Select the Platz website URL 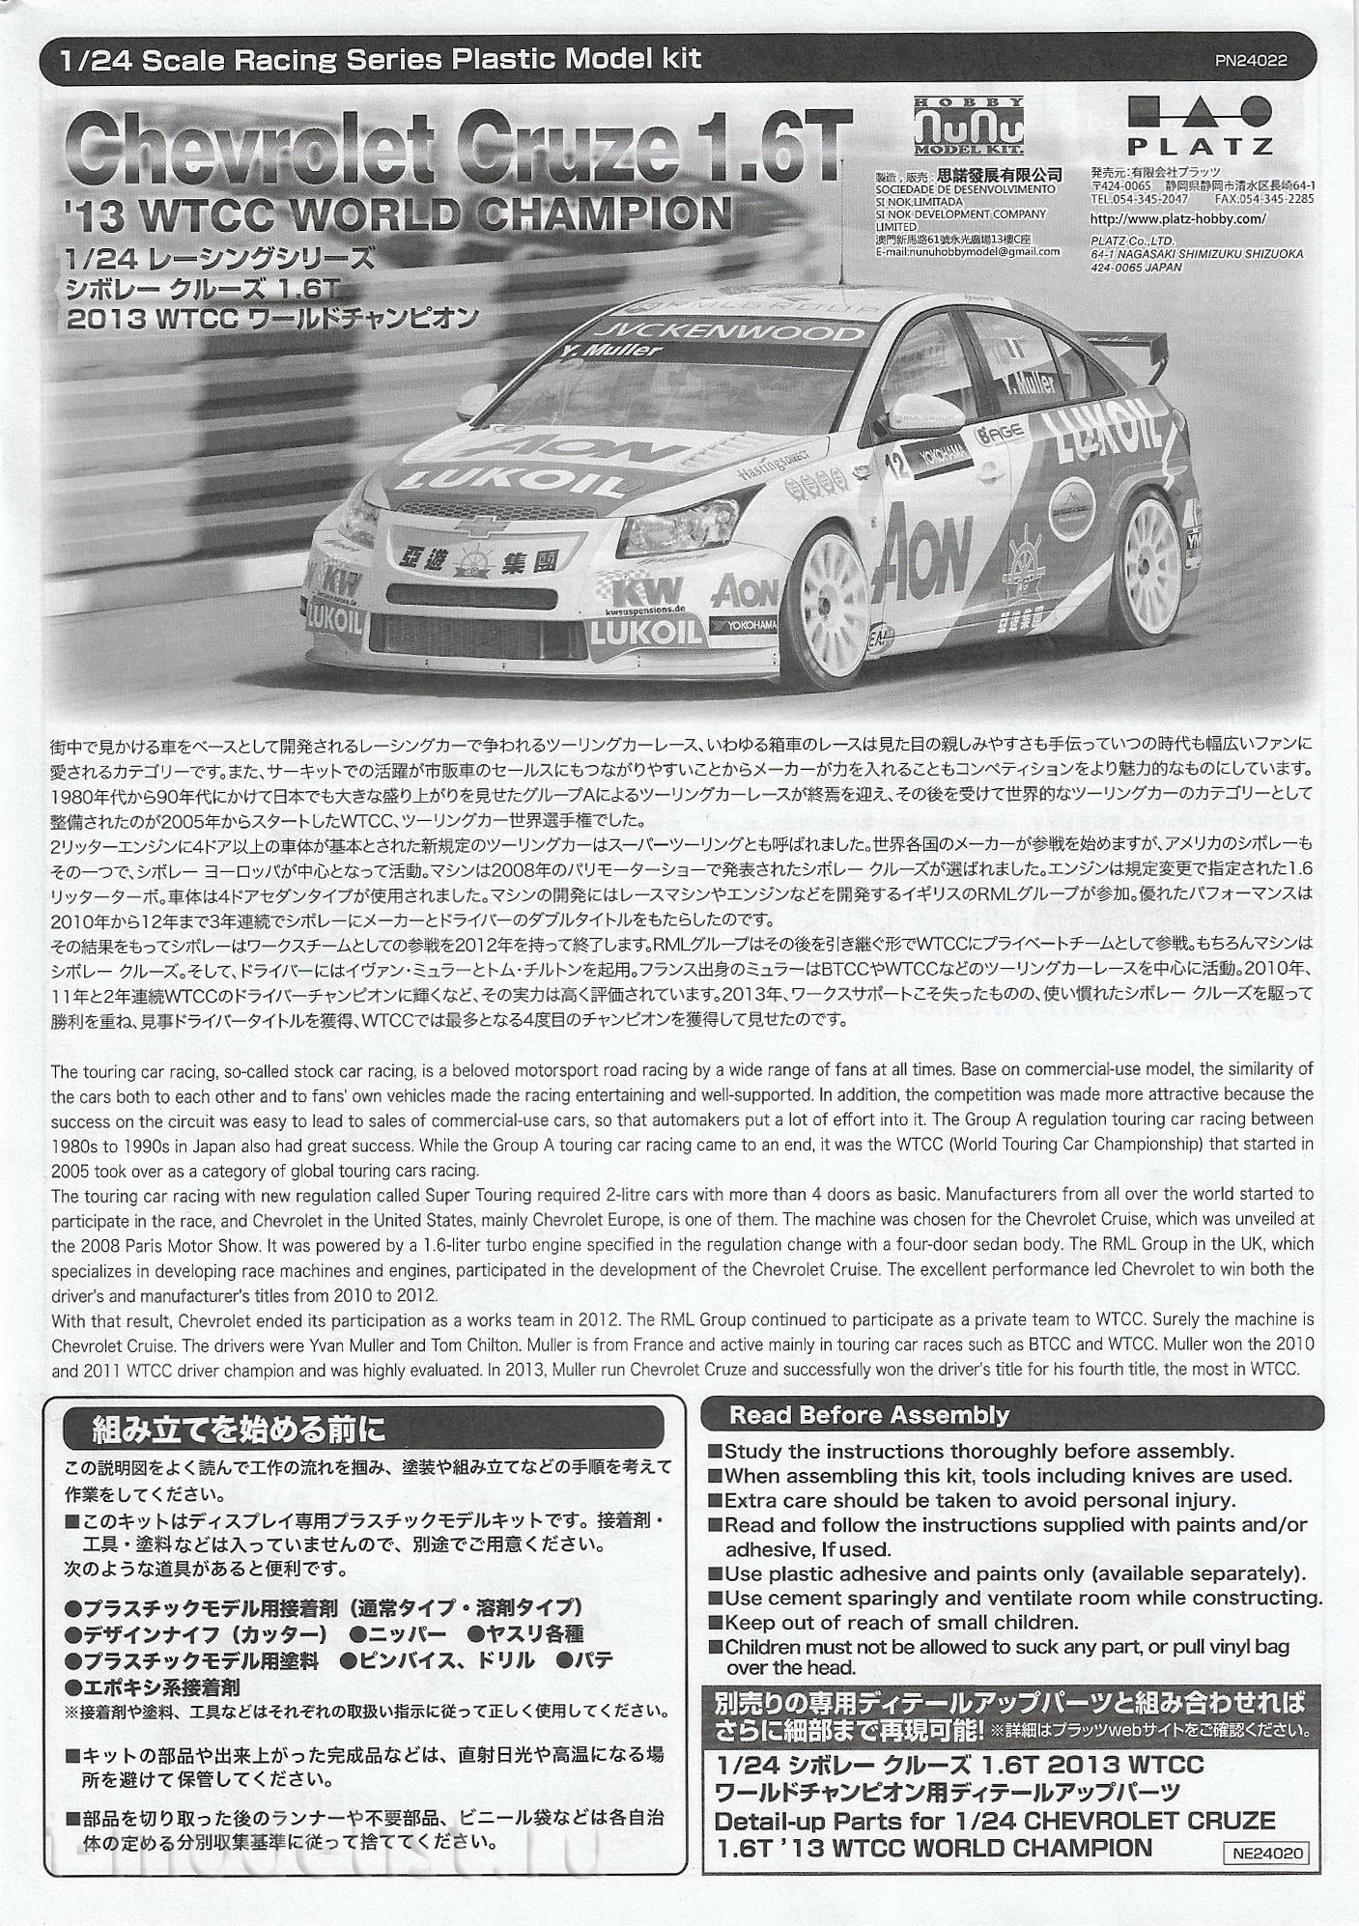[1176, 218]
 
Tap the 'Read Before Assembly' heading [868, 1415]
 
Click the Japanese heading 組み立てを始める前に [238, 1426]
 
